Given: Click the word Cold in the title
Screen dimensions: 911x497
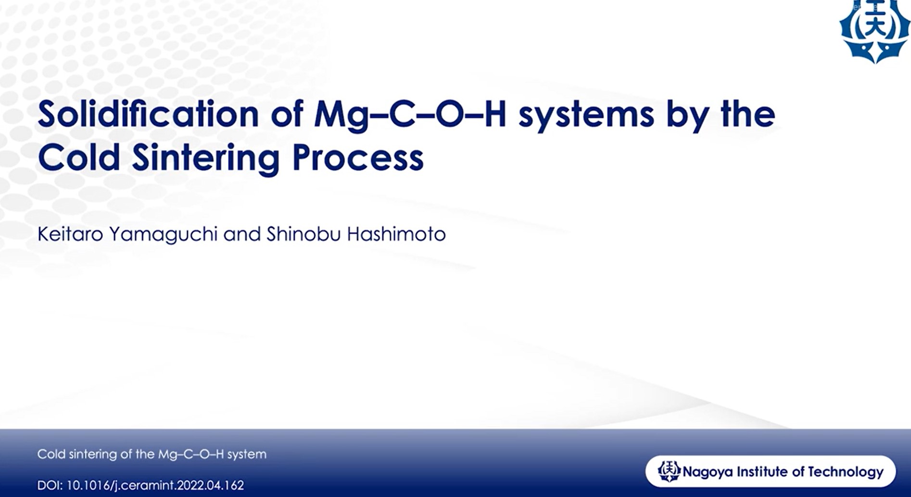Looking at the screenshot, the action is click(79, 157).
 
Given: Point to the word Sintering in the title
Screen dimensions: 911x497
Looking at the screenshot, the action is click(205, 159).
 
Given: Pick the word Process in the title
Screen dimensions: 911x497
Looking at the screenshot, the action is click(358, 158).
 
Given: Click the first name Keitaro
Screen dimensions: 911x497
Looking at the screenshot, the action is click(70, 234).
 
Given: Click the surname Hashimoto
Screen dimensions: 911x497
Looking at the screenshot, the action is click(396, 234).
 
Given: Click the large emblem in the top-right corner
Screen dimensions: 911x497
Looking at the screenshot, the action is click(874, 31).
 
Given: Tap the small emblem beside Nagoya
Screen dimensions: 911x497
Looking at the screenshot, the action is click(669, 471).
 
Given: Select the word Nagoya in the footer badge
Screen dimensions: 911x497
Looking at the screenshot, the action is click(705, 472).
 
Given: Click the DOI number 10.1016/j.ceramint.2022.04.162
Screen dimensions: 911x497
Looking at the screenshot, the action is click(155, 485).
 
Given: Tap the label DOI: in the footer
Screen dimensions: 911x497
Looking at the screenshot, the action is click(50, 485).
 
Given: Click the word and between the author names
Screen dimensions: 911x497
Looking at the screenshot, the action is click(242, 234).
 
